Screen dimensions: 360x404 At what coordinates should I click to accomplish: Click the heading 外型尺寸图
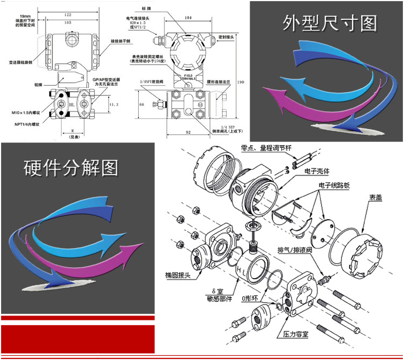(330, 23)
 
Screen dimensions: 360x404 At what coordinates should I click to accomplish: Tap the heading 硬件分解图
(71, 168)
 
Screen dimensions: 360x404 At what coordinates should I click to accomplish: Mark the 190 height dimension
(241, 82)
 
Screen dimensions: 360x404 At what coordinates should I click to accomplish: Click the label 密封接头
(227, 37)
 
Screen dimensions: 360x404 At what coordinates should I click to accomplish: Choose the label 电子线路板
(332, 185)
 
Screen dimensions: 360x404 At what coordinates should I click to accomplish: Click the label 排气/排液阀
(294, 250)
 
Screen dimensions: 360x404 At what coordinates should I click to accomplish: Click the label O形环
(250, 298)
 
